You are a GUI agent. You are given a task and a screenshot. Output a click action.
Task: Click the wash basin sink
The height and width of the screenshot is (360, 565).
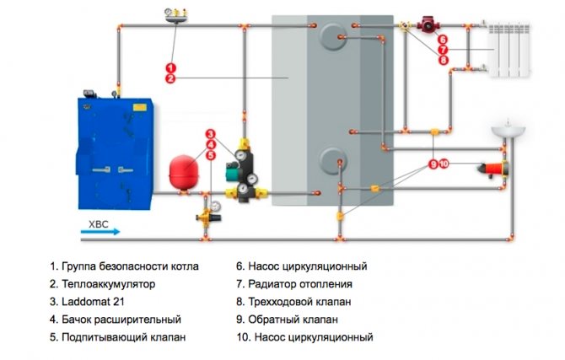click(508, 131)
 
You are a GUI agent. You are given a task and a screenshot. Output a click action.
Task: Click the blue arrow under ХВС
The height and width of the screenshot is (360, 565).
click(101, 231)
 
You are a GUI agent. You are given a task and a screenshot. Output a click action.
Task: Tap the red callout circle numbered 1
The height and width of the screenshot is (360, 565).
click(170, 67)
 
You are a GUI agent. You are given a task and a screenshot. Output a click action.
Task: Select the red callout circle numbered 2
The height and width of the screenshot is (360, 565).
click(170, 78)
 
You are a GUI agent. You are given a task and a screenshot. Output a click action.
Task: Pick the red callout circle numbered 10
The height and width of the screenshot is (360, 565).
click(444, 164)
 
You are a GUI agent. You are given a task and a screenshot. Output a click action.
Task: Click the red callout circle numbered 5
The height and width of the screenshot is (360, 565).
click(211, 156)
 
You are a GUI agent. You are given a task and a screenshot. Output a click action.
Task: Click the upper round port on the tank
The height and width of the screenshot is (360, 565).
click(334, 35)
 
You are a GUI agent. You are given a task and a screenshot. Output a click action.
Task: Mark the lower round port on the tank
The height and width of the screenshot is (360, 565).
click(332, 159)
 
